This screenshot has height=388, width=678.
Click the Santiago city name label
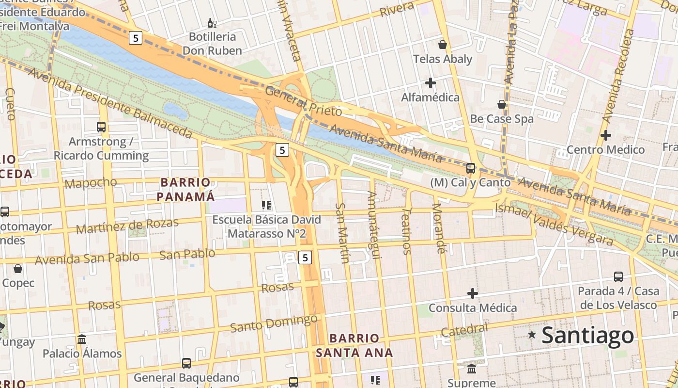(587, 335)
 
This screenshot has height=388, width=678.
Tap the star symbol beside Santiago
(532, 334)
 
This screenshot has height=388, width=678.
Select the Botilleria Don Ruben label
(212, 44)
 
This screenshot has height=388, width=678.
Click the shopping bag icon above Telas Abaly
(442, 45)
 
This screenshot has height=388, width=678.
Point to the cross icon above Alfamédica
(430, 83)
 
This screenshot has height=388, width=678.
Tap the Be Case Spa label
(502, 119)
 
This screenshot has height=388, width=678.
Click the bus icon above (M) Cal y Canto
(470, 168)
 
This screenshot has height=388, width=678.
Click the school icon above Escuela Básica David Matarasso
(266, 205)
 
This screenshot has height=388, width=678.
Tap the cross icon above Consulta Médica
(472, 293)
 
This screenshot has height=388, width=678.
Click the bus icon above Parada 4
(618, 277)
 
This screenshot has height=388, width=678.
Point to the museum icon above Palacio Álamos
(82, 339)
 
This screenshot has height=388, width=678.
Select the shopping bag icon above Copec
(18, 269)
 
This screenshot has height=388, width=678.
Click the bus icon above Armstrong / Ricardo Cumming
(101, 127)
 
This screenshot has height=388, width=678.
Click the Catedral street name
(464, 330)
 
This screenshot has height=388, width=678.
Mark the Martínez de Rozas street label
(127, 226)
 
